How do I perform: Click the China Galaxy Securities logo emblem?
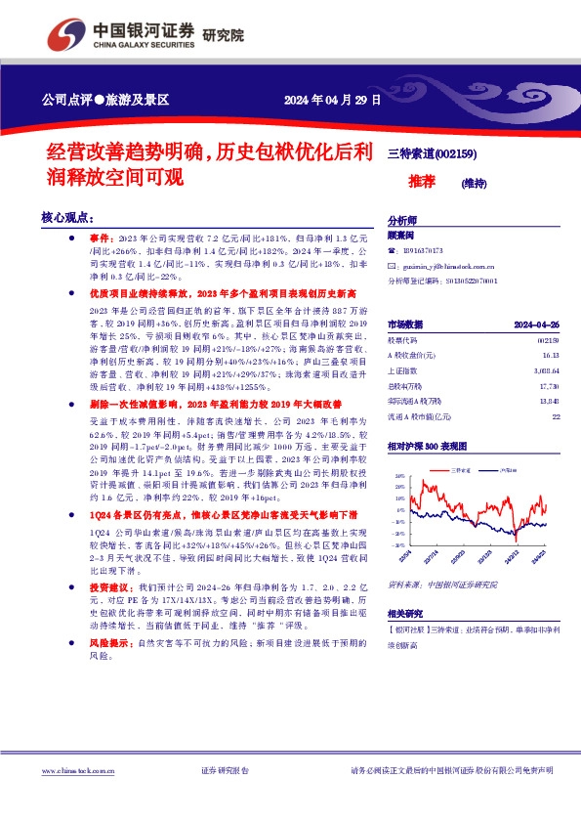[71, 34]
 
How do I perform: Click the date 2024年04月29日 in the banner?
[332, 100]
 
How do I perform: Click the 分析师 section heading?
[403, 220]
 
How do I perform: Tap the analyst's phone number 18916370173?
[424, 250]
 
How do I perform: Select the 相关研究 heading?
[406, 640]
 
